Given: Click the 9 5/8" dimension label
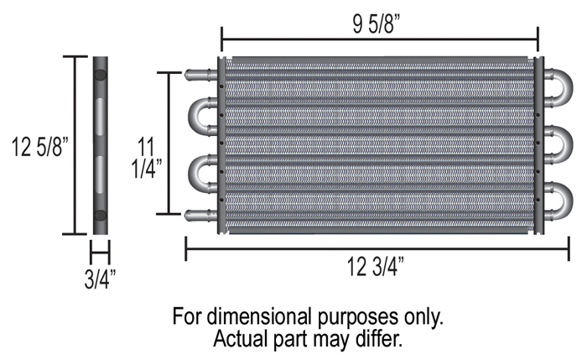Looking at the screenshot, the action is click(377, 24).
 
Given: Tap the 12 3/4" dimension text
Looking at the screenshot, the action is click(376, 267).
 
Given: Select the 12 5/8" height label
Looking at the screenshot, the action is click(40, 147).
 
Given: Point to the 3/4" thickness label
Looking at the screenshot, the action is click(100, 279).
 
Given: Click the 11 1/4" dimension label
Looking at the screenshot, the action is click(147, 157).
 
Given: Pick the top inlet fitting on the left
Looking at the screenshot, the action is click(200, 75).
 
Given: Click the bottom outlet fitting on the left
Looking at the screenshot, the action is click(200, 215).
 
